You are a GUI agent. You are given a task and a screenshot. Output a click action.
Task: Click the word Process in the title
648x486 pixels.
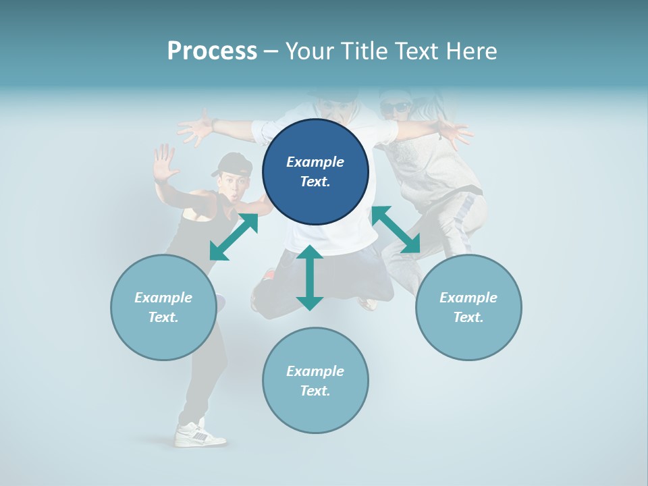[212, 51]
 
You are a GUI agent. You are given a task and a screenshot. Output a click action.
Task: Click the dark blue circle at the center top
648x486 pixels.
[315, 171]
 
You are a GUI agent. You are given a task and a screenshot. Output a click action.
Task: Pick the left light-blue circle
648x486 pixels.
[163, 307]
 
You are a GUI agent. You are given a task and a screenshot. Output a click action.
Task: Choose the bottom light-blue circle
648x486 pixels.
[315, 381]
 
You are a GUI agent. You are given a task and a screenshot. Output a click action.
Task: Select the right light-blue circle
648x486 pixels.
[468, 307]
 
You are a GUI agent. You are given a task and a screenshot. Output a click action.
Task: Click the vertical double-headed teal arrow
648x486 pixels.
[310, 277]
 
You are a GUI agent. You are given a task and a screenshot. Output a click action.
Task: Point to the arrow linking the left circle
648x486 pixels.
[234, 237]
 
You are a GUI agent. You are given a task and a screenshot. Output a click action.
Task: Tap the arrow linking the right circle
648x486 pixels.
[396, 230]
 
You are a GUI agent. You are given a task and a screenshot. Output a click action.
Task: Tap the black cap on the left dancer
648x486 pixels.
[234, 163]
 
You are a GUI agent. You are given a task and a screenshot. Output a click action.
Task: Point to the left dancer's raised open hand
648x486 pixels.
[163, 164]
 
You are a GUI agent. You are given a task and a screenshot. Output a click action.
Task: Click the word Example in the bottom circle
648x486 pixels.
[315, 371]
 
